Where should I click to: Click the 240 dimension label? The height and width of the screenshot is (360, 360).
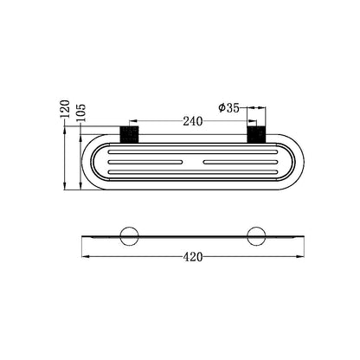point(193,121)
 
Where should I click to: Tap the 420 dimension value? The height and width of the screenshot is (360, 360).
point(193,257)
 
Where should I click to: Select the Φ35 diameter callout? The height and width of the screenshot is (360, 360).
point(229,108)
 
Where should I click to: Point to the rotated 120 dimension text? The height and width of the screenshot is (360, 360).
point(65,108)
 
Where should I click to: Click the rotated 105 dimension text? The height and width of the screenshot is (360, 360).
point(81,112)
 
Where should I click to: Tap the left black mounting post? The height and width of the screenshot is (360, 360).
point(129,134)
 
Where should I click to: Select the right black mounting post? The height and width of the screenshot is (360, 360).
point(256,134)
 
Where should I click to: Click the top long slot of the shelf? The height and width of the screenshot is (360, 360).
point(193,151)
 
